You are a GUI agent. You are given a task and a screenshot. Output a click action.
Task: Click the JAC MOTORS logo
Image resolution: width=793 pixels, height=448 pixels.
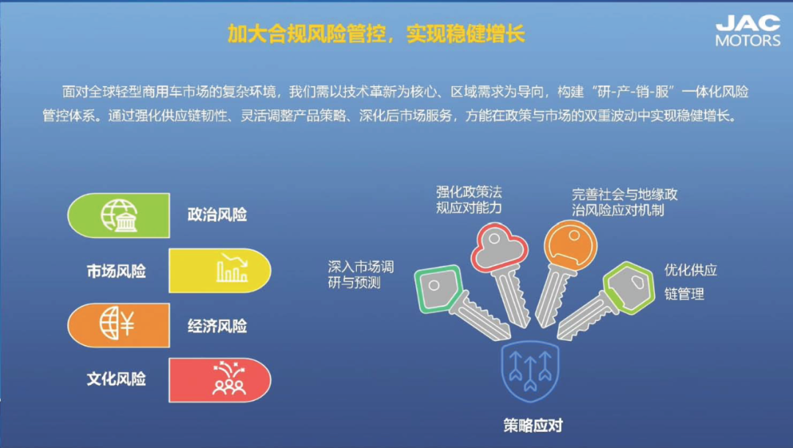tap(748, 30)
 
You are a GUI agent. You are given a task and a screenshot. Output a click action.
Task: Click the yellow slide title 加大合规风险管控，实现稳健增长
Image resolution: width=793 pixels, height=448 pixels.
tap(376, 34)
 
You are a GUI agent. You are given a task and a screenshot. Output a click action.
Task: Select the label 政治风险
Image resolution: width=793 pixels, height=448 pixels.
tap(217, 215)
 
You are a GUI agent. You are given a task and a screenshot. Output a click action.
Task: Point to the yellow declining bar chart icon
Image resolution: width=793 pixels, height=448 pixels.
tap(232, 267)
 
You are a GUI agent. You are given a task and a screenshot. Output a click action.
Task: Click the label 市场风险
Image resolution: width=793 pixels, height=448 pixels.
tap(116, 272)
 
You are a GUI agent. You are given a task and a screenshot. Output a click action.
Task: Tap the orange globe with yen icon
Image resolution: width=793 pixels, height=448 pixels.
tap(117, 323)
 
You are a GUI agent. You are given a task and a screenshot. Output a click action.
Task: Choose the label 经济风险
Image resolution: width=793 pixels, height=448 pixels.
tap(217, 326)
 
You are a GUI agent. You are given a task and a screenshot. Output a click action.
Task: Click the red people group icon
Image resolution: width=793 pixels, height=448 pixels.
tap(229, 378)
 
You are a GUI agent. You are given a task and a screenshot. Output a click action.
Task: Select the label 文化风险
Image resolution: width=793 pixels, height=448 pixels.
tap(116, 379)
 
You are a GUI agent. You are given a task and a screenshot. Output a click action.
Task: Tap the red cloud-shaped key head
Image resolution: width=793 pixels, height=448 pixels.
tap(499, 246)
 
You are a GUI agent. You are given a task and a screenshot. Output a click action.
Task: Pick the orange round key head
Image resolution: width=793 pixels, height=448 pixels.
tap(571, 245)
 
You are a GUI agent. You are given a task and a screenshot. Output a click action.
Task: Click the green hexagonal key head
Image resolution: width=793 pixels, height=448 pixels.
tap(629, 287)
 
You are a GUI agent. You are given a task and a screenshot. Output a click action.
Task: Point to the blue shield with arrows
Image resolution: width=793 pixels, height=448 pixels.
tap(530, 371)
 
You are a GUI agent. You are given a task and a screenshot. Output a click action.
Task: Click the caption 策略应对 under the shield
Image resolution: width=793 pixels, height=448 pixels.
tap(533, 426)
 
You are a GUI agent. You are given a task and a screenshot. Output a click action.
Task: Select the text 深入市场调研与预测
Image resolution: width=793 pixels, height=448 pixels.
tap(361, 275)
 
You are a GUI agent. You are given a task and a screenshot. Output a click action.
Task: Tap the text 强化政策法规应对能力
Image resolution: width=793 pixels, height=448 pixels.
tap(468, 200)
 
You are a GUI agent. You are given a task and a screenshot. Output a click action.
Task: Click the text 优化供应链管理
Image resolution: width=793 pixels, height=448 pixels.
tap(690, 281)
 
